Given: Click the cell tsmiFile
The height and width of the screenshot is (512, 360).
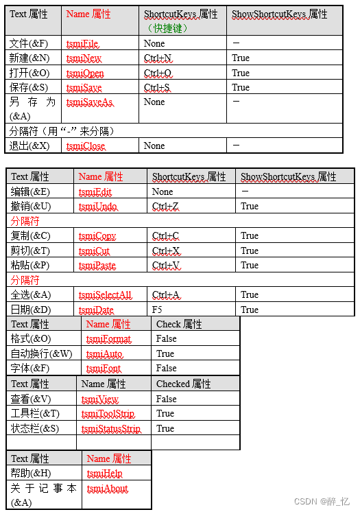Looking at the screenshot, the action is coord(82,44).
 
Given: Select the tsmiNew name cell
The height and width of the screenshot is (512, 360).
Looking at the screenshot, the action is coord(84,58).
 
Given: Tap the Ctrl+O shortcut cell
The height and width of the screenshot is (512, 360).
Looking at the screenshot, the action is coord(158,73).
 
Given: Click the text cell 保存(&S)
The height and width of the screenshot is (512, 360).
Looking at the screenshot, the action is coord(29,88).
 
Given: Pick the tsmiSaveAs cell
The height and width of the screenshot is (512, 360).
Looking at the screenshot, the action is coord(89,102).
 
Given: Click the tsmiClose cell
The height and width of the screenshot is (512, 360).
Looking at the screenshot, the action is coord(86,146).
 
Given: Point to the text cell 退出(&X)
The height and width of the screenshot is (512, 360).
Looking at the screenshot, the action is coord(29,146).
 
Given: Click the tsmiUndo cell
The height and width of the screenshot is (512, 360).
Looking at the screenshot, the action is coord(98,207).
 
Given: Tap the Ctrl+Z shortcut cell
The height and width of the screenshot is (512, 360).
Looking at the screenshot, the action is coord(165,207).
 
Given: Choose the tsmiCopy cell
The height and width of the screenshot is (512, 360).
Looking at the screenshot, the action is coord(97,236).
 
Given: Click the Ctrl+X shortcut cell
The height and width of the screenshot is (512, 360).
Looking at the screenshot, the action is coord(165,251).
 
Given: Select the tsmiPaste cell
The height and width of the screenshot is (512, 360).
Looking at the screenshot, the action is coord(97,266).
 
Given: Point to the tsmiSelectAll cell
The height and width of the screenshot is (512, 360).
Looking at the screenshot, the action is coord(105,295).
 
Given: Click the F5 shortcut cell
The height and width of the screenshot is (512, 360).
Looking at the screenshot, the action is coord(157,310).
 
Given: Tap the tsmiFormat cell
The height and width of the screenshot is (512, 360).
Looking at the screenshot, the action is coord(108,339).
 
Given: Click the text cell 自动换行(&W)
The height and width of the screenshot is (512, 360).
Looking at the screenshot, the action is coord(41,354).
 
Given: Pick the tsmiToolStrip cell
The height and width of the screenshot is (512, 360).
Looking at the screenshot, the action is coord(108,414).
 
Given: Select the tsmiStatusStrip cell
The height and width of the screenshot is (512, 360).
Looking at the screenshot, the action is coord(110,429).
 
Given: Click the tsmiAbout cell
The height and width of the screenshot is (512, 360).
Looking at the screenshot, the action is coord(107,489).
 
